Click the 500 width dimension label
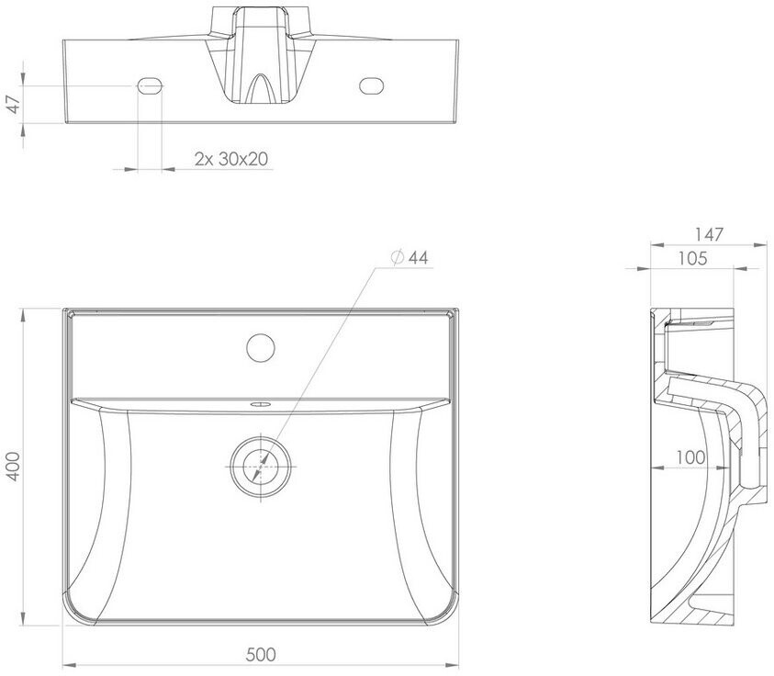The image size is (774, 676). click(261, 655)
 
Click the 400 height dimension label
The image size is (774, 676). click(14, 467)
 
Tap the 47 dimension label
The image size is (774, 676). click(15, 104)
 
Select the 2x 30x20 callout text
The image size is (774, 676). click(231, 159)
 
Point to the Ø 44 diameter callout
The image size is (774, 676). click(409, 258)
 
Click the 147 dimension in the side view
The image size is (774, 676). click(709, 234)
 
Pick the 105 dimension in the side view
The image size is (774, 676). click(692, 259)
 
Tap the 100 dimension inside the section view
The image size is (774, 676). click(690, 457)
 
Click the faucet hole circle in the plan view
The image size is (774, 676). click(261, 347)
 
